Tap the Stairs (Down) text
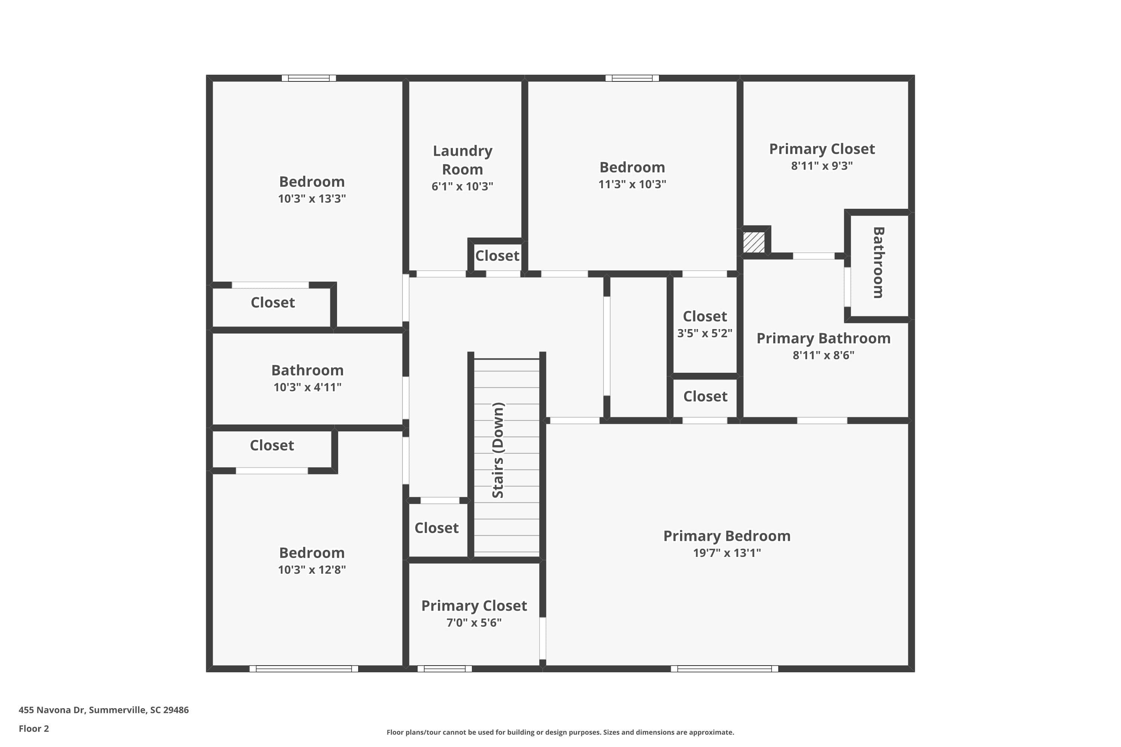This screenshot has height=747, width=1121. pyautogui.click(x=498, y=450)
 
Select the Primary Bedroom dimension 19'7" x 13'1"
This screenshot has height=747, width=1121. pyautogui.click(x=726, y=553)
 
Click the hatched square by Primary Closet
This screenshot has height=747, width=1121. pyautogui.click(x=754, y=242)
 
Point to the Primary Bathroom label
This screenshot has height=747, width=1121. pyautogui.click(x=823, y=338)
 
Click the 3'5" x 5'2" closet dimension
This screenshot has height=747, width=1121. pyautogui.click(x=704, y=333)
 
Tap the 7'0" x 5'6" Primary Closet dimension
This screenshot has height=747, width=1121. pyautogui.click(x=474, y=623)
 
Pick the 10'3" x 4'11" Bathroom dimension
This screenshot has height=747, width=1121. pyautogui.click(x=308, y=387)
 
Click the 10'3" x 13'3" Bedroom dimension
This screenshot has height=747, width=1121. pyautogui.click(x=312, y=199)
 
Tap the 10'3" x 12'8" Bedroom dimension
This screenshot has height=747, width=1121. pyautogui.click(x=312, y=570)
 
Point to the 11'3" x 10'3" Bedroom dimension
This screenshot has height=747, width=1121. pyautogui.click(x=632, y=185)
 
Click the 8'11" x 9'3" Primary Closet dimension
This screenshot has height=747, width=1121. pyautogui.click(x=822, y=166)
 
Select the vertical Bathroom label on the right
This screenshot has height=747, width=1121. pyautogui.click(x=878, y=263)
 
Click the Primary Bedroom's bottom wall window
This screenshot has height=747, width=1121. pyautogui.click(x=724, y=669)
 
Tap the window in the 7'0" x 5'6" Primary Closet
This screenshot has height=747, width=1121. pyautogui.click(x=444, y=669)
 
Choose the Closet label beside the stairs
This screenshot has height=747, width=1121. pyautogui.click(x=436, y=528)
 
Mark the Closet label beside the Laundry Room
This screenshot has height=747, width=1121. pyautogui.click(x=497, y=256)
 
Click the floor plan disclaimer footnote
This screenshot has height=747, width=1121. pyautogui.click(x=560, y=732)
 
